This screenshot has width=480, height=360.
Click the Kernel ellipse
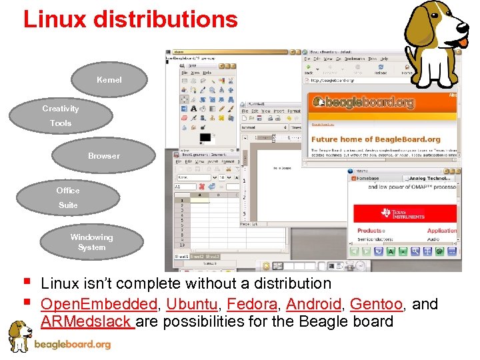point(109,80)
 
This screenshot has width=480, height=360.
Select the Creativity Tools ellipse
point(61,115)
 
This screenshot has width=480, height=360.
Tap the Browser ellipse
point(104,156)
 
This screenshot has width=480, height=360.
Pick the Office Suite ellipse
point(67,197)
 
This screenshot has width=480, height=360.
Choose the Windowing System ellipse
point(92,242)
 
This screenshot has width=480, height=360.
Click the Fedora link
point(252,304)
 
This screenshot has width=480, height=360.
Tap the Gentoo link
point(376,304)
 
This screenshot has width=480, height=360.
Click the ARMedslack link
point(87,321)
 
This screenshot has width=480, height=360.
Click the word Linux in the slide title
point(55,19)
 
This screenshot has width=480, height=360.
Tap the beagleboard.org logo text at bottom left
point(72,345)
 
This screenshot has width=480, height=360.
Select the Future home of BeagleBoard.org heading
point(375,139)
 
